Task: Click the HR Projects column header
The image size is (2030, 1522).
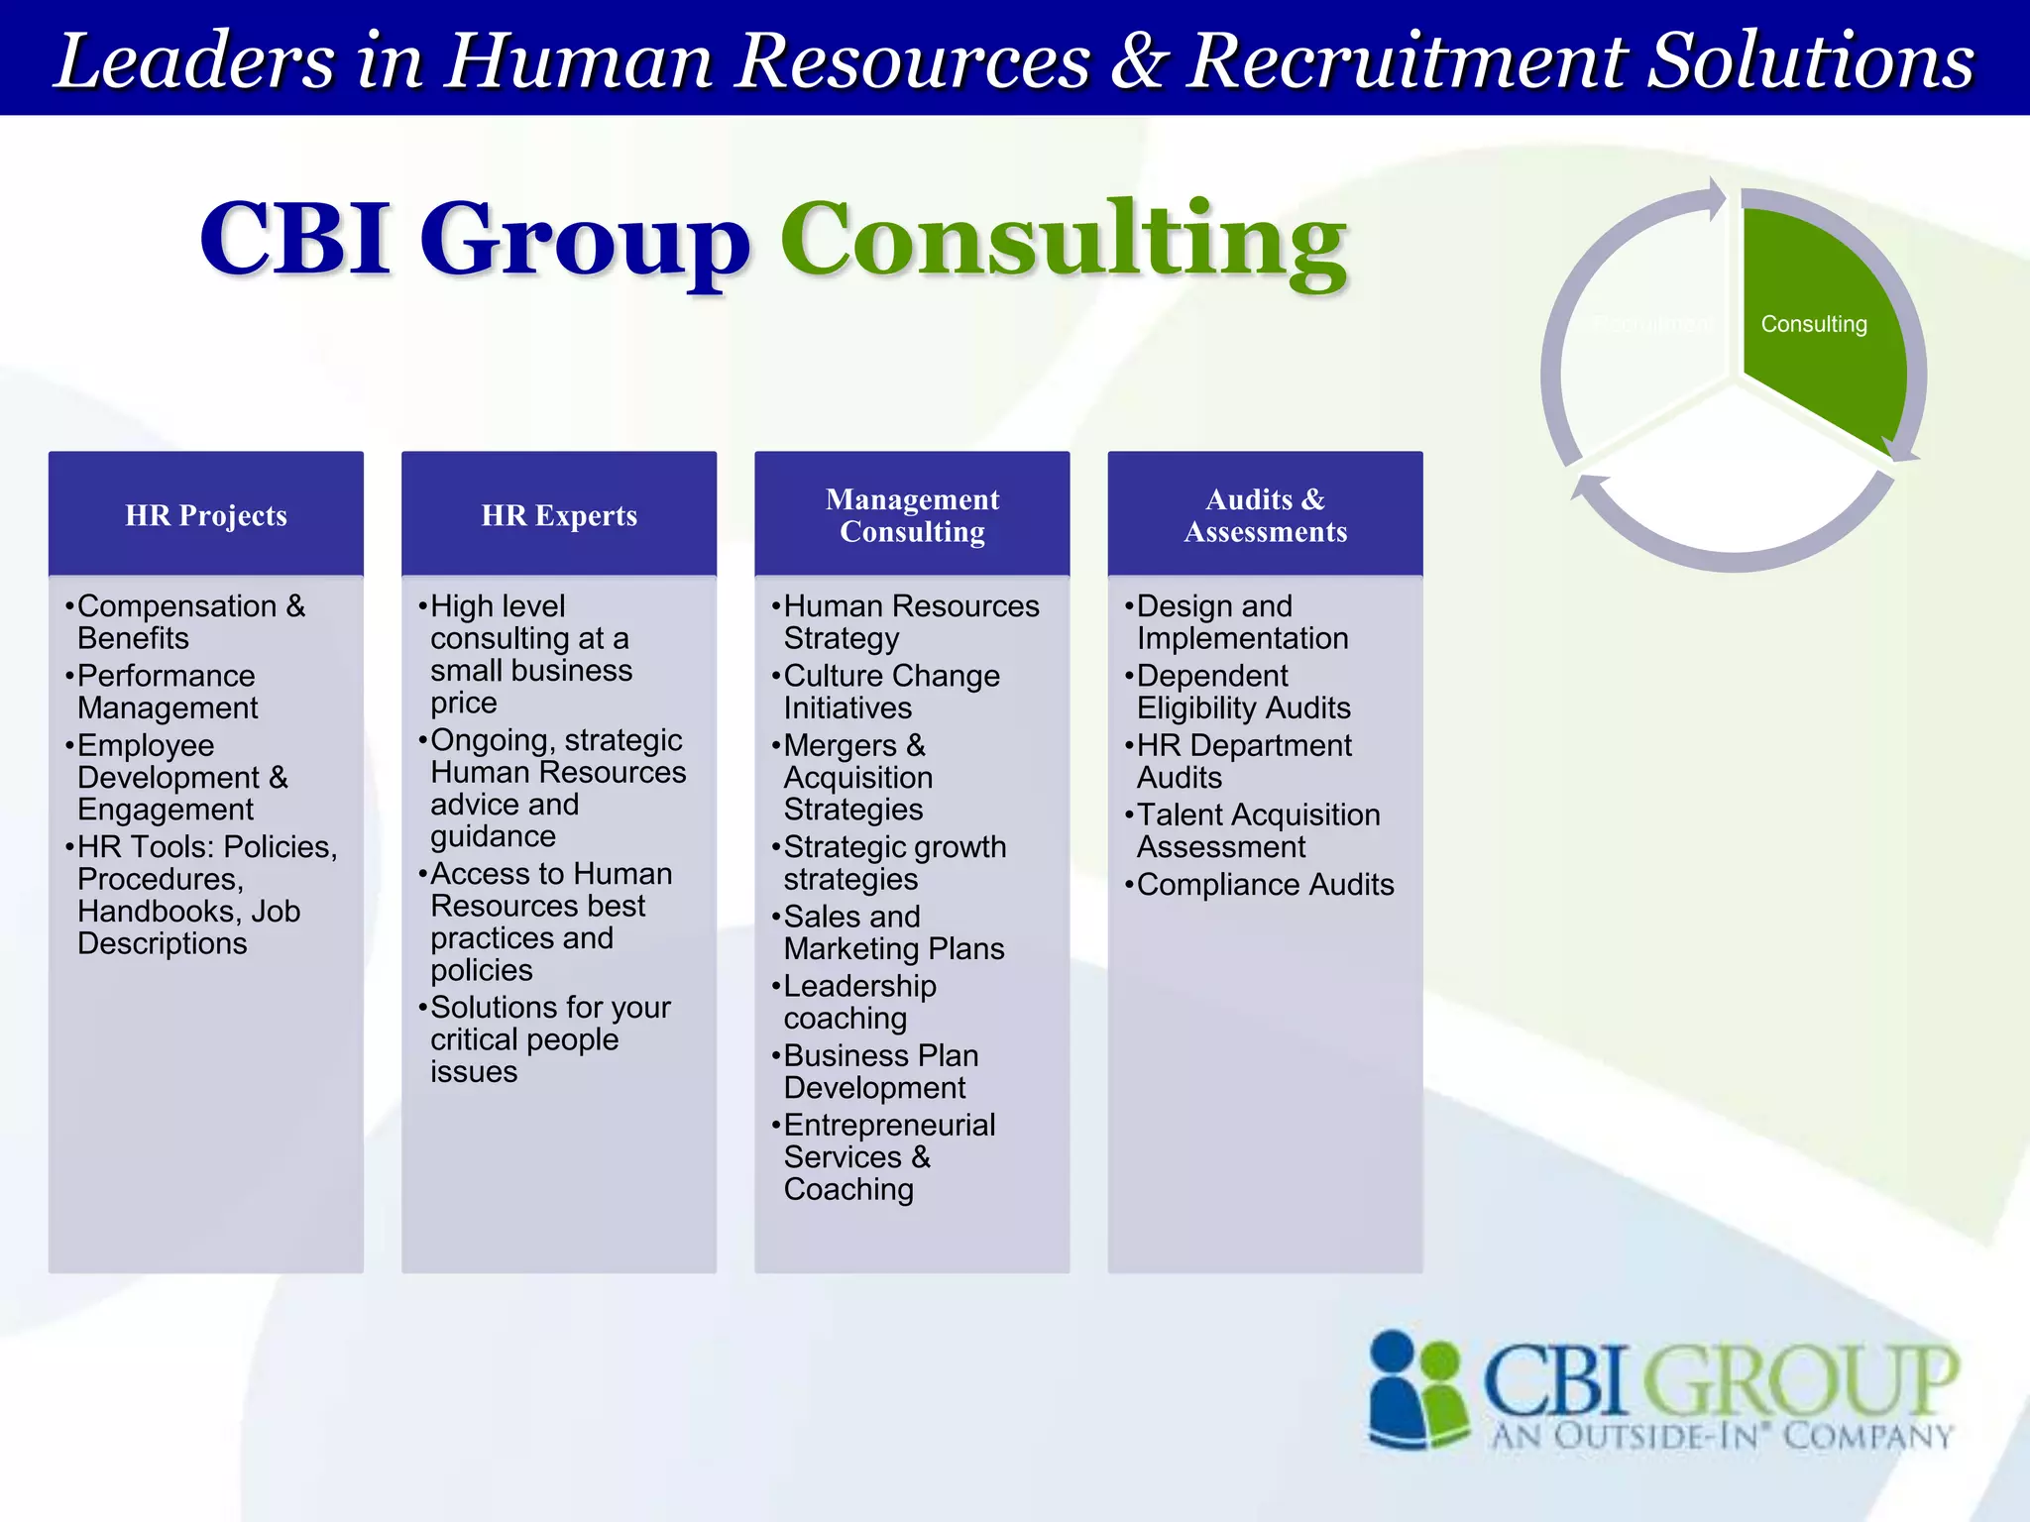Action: [x=205, y=515]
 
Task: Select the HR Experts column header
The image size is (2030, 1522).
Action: [x=558, y=515]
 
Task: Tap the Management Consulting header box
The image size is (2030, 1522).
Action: [x=912, y=515]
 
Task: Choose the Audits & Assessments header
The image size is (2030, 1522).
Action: [x=1265, y=515]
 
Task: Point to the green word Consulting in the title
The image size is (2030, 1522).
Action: [x=1063, y=240]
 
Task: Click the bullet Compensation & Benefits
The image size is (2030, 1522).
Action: [x=190, y=622]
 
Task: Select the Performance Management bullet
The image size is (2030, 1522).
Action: [x=167, y=692]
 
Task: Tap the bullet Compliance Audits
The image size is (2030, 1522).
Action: [x=1264, y=885]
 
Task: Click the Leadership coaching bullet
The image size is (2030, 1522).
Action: [x=858, y=1002]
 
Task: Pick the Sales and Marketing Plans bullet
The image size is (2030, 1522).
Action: [x=892, y=932]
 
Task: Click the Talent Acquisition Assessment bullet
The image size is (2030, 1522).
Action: [x=1257, y=830]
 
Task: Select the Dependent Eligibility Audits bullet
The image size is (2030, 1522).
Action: [x=1242, y=692]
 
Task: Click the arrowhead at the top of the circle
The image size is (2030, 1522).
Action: [x=1716, y=198]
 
